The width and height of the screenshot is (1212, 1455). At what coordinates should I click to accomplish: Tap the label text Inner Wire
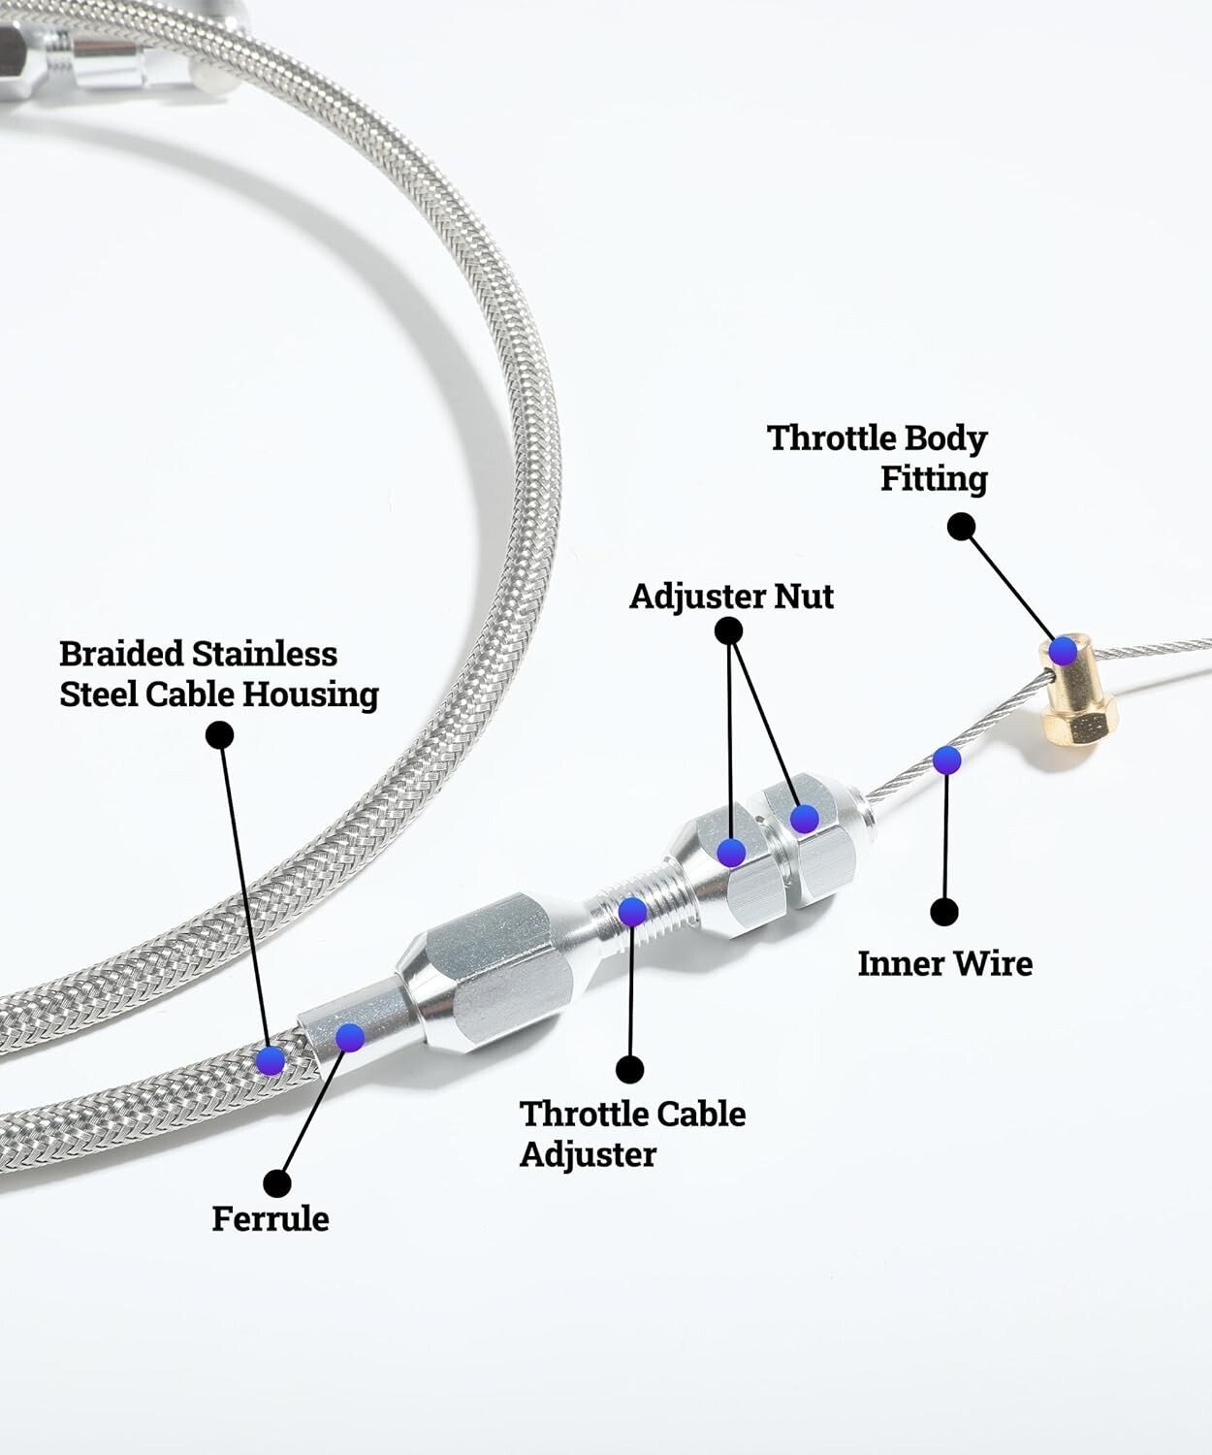pos(944,963)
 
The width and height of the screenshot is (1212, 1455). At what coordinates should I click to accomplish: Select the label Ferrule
pos(270,1218)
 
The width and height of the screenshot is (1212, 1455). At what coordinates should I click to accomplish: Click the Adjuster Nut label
pos(731,596)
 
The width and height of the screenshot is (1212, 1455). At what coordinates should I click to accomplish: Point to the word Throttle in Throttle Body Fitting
pos(832,438)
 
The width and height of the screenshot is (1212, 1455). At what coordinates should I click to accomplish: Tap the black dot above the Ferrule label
pos(277,1183)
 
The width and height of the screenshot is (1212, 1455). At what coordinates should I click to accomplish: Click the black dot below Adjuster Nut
pos(728,631)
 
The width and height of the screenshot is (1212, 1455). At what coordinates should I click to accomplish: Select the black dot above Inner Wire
pos(944,912)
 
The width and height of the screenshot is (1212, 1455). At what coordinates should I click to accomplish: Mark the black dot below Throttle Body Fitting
pos(961,527)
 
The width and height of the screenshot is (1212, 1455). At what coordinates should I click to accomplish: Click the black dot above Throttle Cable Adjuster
pos(630,1069)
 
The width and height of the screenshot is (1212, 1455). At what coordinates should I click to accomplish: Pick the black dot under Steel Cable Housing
pos(220,734)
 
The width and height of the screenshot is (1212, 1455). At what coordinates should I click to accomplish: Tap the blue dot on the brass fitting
pos(1063,650)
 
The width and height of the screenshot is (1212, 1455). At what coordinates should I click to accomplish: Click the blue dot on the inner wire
pos(946,760)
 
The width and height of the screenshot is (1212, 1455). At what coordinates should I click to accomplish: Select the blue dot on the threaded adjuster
pos(632,912)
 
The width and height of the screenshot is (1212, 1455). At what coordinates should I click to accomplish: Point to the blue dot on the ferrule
pos(349,1037)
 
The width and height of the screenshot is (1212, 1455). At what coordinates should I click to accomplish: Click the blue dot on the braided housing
pos(271,1060)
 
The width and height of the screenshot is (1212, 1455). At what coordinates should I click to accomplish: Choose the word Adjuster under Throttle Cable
pos(588,1154)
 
